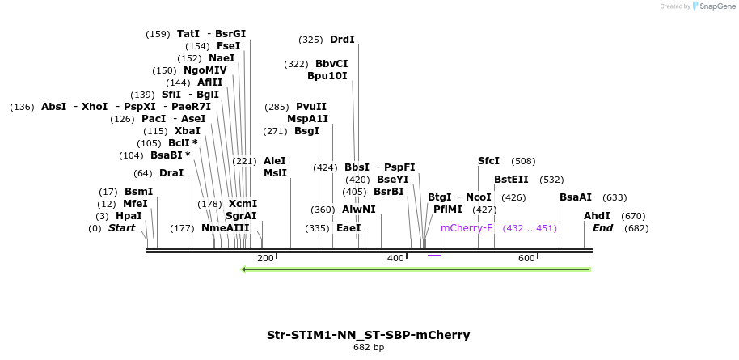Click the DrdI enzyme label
[342, 40]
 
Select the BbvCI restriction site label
[331, 64]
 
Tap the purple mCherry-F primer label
[467, 228]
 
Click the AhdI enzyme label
[597, 216]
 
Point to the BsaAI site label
[576, 197]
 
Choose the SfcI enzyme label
[489, 161]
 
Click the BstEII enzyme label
[511, 180]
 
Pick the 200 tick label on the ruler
[265, 258]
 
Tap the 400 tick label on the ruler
[395, 258]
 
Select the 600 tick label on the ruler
[526, 258]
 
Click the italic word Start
[121, 228]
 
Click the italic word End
[602, 228]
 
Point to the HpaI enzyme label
[129, 216]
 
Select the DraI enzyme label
[171, 173]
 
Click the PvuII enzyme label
[311, 107]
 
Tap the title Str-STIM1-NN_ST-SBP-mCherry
[368, 335]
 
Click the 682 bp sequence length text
[369, 348]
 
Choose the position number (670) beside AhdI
[633, 216]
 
